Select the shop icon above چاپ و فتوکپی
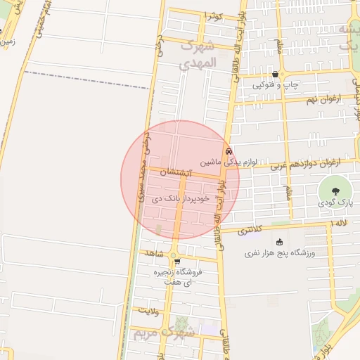pyautogui.click(x=275, y=74)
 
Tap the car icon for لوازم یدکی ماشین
pyautogui.click(x=228, y=151)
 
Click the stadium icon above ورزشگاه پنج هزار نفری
pyautogui.click(x=279, y=242)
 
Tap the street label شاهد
pyautogui.click(x=156, y=252)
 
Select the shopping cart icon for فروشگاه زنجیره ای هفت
pyautogui.click(x=176, y=262)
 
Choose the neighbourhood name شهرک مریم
pyautogui.click(x=167, y=330)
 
